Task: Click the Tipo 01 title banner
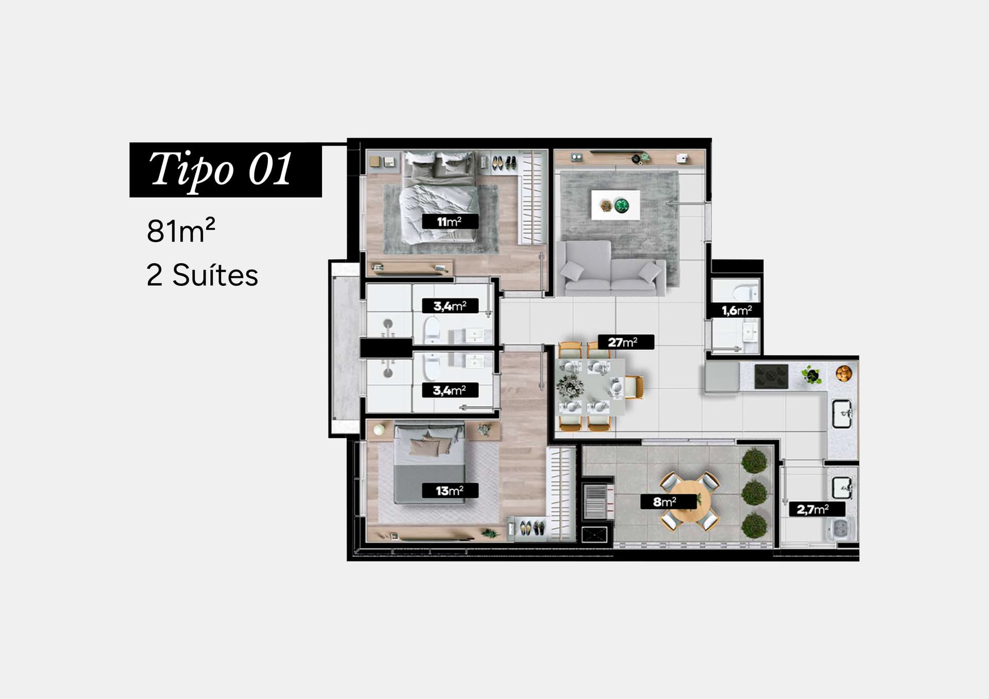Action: tap(226, 169)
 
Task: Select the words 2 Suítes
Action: tap(202, 275)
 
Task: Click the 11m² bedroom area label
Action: tap(450, 221)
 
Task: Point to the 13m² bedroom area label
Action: tap(450, 490)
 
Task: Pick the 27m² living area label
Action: tap(625, 342)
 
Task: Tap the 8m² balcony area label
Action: tap(668, 501)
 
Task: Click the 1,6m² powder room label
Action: tap(736, 310)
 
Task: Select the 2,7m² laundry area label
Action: tap(816, 509)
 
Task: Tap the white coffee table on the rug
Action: tap(616, 205)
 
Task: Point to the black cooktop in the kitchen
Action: tap(771, 377)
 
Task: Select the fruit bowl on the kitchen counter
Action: tap(844, 373)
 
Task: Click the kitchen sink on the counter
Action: tap(842, 414)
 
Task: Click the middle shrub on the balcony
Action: tap(754, 492)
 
